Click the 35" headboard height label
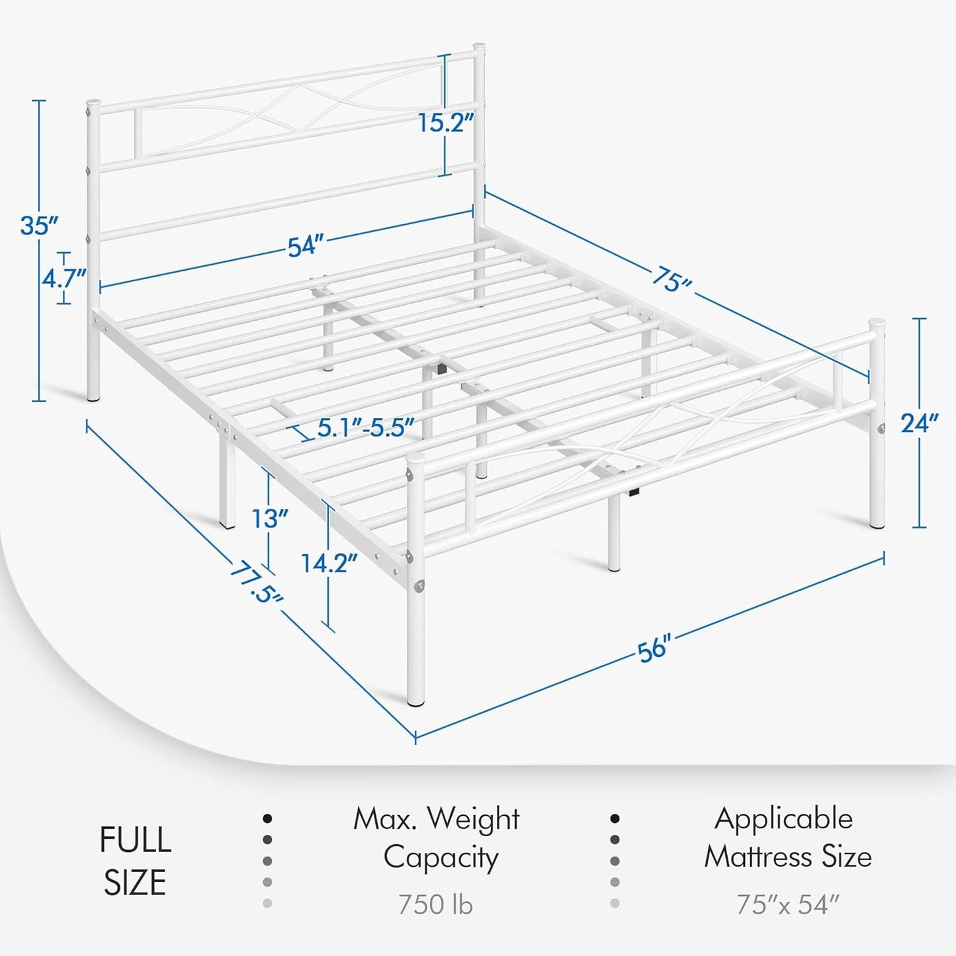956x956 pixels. pyautogui.click(x=39, y=226)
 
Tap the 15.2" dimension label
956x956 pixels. pyautogui.click(x=446, y=122)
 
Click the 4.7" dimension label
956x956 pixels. pyautogui.click(x=64, y=279)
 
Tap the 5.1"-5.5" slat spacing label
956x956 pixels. pyautogui.click(x=365, y=428)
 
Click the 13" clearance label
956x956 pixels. pyautogui.click(x=270, y=519)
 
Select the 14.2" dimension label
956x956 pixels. pyautogui.click(x=329, y=564)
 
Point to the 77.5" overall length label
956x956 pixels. pyautogui.click(x=256, y=582)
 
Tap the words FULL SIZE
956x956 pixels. pyautogui.click(x=135, y=861)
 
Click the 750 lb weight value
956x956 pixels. pyautogui.click(x=435, y=904)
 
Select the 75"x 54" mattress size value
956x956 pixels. pyautogui.click(x=787, y=904)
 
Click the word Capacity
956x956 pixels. pyautogui.click(x=441, y=857)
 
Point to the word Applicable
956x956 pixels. pyautogui.click(x=783, y=819)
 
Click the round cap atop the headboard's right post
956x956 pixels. pyautogui.click(x=479, y=49)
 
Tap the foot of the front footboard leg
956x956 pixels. pyautogui.click(x=415, y=701)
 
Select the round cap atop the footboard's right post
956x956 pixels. pyautogui.click(x=877, y=324)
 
